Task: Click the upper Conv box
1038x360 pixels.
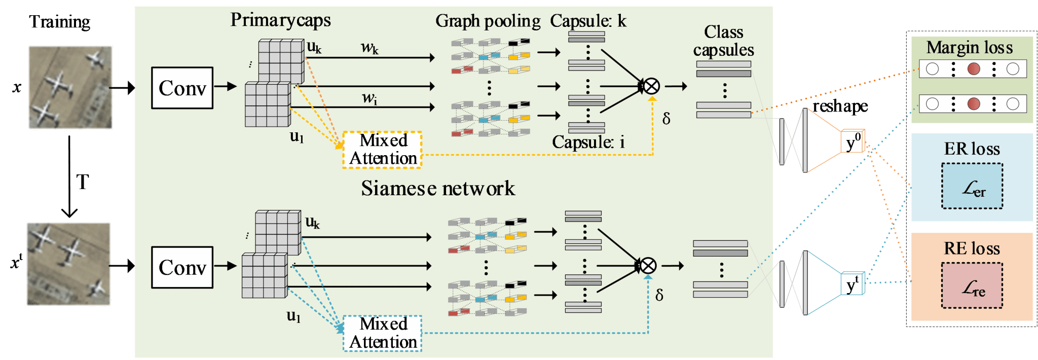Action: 182,88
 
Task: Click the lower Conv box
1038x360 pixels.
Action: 182,267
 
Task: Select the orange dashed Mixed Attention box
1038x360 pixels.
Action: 383,150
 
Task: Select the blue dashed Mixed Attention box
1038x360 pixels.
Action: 383,333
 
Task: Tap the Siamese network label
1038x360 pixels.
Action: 438,189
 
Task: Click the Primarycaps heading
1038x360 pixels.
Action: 280,20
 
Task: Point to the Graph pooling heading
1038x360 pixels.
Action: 488,21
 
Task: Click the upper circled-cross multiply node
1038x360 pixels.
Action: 651,86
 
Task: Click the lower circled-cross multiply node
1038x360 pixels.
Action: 648,265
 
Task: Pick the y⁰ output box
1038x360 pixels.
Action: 853,142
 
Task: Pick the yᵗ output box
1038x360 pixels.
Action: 853,284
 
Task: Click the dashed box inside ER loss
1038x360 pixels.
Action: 972,186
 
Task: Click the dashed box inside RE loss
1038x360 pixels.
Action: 972,285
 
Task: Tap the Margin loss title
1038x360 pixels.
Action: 969,48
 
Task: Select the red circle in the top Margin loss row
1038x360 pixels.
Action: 974,69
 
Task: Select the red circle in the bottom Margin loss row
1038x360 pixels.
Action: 974,104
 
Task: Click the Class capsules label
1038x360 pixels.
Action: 723,41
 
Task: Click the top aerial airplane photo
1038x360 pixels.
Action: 70,87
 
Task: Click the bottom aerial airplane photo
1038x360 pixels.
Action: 68,264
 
